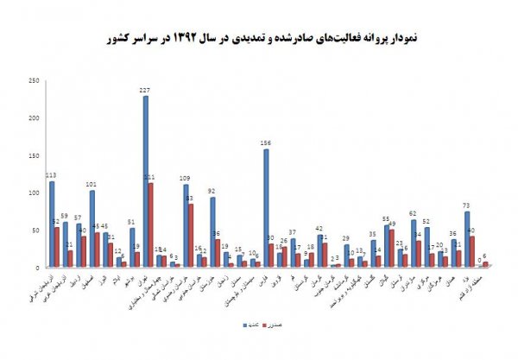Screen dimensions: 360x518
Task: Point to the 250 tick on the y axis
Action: pyautogui.click(x=33, y=81)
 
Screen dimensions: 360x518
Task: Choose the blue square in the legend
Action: pyautogui.click(x=243, y=338)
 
